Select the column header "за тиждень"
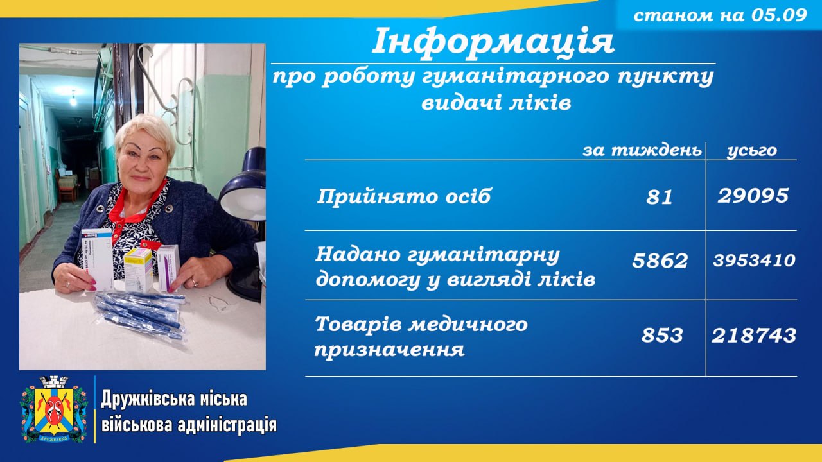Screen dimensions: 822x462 pyautogui.click(x=642, y=150)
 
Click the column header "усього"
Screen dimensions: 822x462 pyautogui.click(x=752, y=151)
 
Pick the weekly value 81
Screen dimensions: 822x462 pyautogui.click(x=659, y=197)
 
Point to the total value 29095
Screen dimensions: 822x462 pyautogui.click(x=753, y=196)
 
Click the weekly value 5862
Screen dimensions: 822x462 pyautogui.click(x=660, y=261)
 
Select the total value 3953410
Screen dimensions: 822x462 pyautogui.click(x=754, y=261)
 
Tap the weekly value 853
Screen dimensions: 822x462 pyautogui.click(x=662, y=336)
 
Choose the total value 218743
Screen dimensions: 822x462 pyautogui.click(x=754, y=336)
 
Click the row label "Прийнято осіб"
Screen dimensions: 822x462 pyautogui.click(x=404, y=196)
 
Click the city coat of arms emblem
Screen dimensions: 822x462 pyautogui.click(x=55, y=409)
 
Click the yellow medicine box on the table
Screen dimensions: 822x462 pyautogui.click(x=138, y=269)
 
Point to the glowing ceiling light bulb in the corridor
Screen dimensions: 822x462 pyautogui.click(x=73, y=98)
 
